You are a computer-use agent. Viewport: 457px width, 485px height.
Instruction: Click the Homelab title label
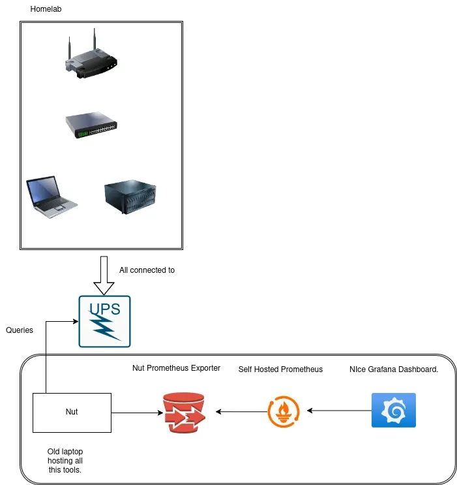[x=46, y=9]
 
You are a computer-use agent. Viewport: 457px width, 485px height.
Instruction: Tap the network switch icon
[x=91, y=125]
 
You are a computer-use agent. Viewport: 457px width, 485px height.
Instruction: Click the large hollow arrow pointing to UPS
[x=104, y=275]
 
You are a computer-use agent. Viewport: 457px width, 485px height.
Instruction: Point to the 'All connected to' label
[x=147, y=270]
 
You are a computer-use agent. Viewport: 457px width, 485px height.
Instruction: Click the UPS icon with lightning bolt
[x=104, y=321]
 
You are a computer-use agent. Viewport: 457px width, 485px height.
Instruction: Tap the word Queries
[x=20, y=330]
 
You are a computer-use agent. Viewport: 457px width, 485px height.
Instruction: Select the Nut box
[x=72, y=412]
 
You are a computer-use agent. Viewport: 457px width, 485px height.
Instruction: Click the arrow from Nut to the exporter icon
[x=137, y=412]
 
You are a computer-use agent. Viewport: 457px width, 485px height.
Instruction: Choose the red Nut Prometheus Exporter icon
[x=184, y=413]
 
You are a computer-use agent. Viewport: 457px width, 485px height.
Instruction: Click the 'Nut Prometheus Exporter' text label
[x=176, y=368]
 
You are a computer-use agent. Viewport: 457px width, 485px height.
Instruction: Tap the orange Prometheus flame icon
[x=284, y=411]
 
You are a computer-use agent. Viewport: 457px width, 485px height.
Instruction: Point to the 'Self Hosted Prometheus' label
[x=280, y=369]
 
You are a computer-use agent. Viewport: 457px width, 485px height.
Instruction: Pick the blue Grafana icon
[x=393, y=410]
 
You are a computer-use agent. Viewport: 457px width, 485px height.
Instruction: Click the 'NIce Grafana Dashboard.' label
[x=393, y=369]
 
